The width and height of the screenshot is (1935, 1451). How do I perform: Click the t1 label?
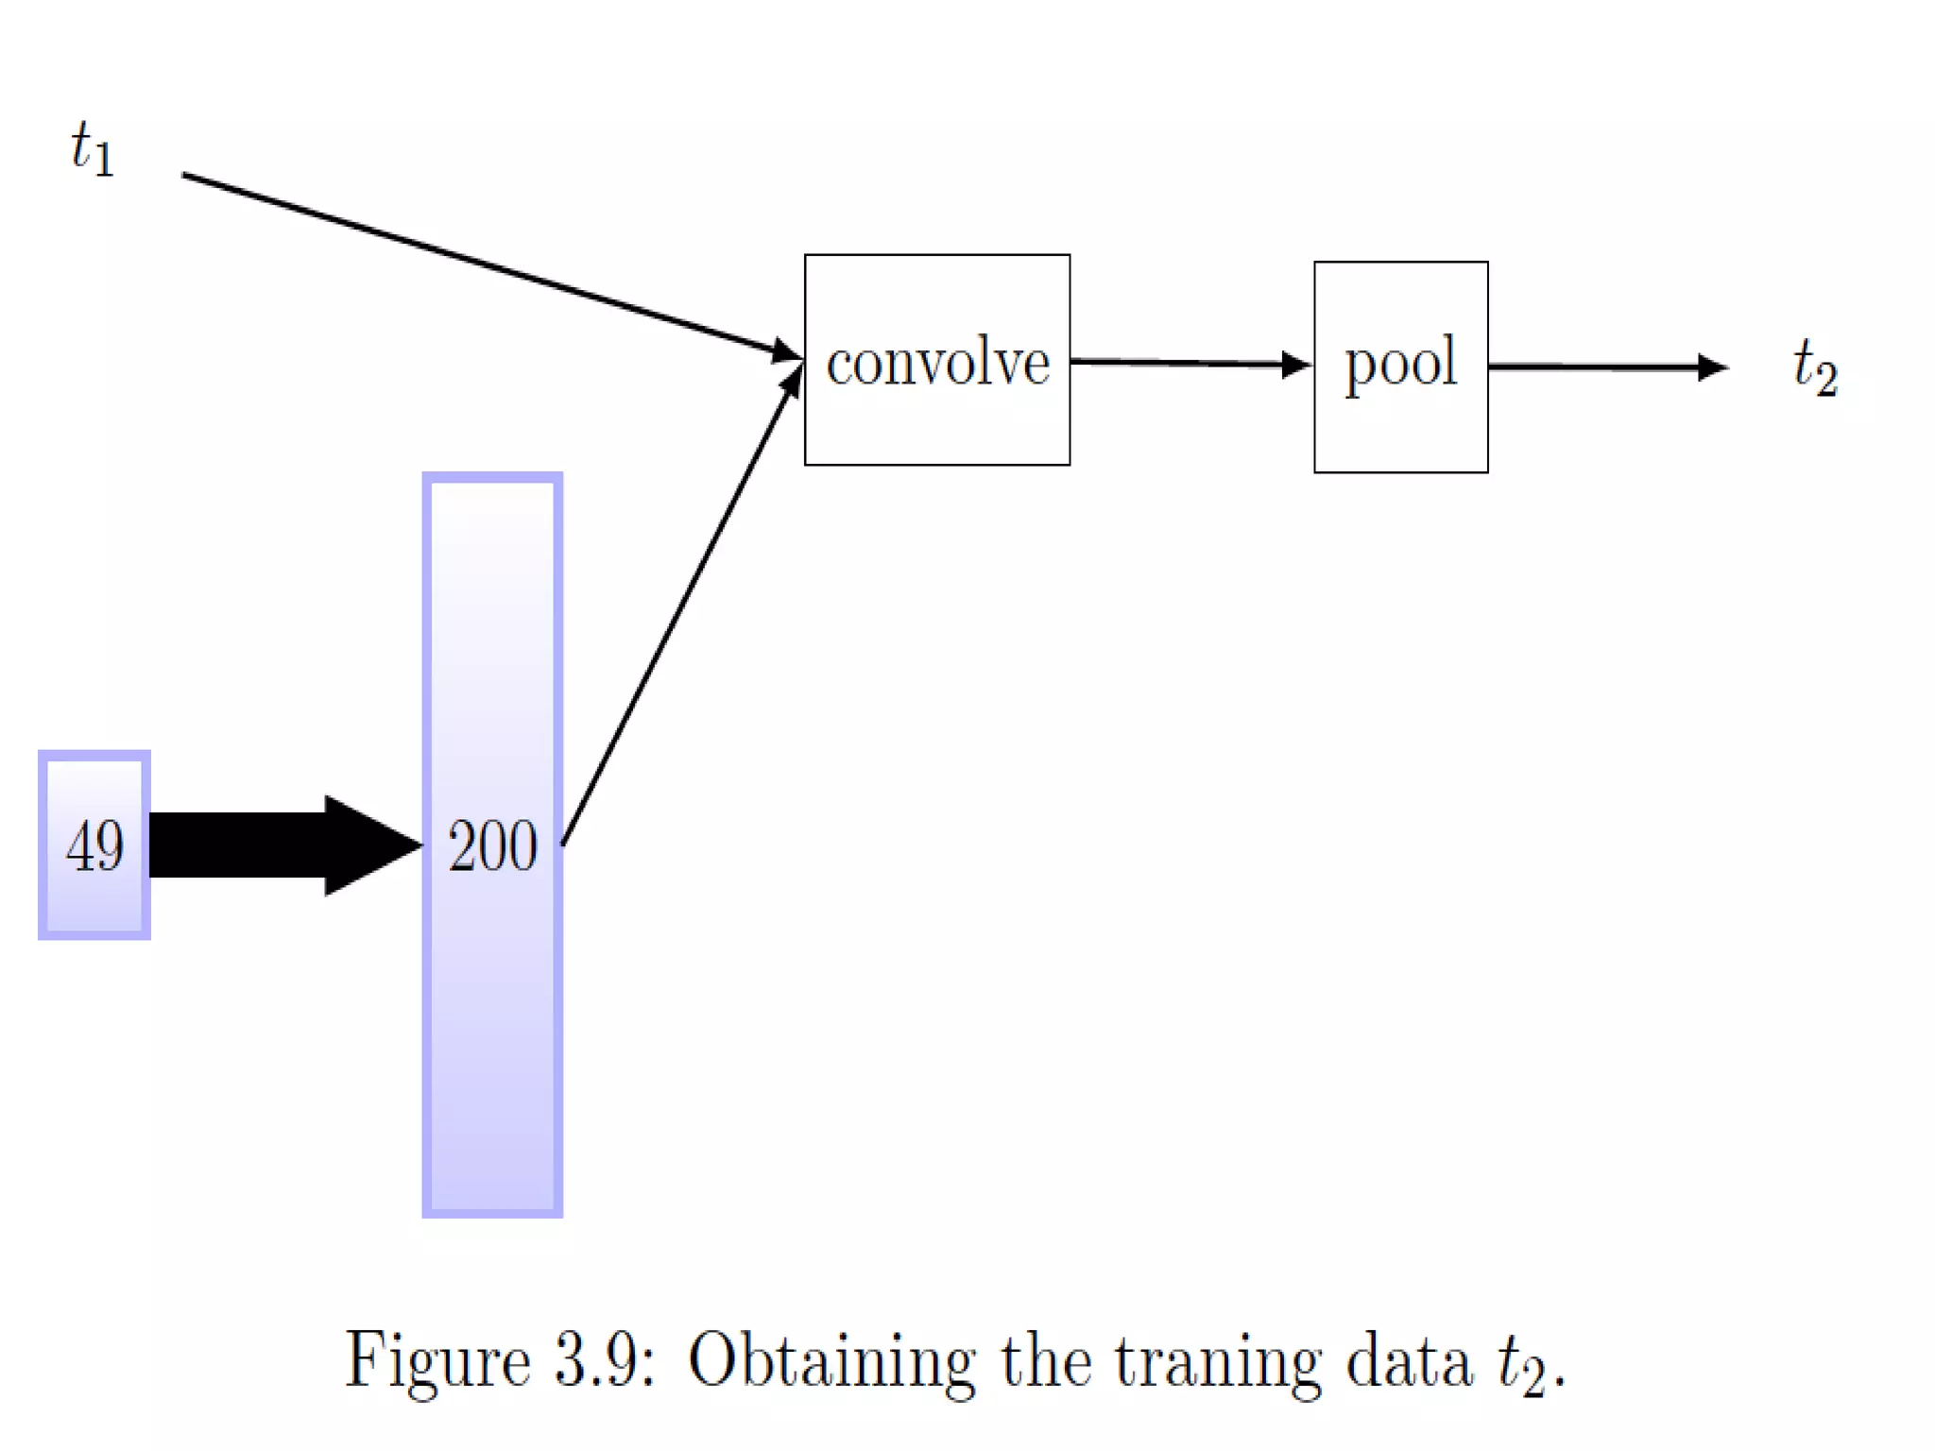tap(93, 149)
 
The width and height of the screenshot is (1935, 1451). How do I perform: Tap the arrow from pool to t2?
tap(1606, 367)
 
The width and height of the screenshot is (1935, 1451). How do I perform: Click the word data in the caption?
tap(1409, 1360)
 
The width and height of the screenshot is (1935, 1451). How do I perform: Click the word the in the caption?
tap(1046, 1360)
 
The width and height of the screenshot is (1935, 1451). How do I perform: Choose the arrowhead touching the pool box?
tap(1296, 365)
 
